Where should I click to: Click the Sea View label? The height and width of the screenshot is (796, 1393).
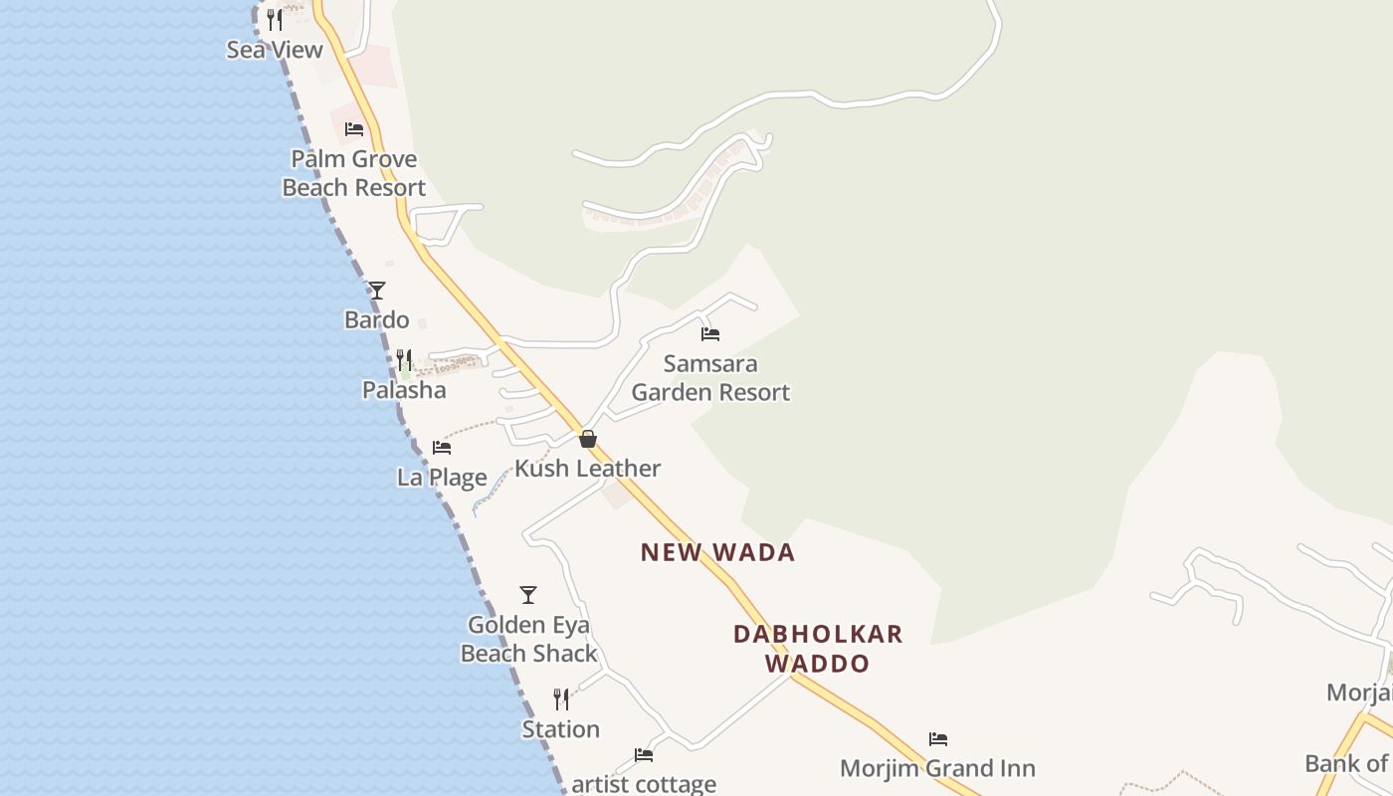coord(275,50)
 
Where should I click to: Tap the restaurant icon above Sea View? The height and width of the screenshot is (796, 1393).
coord(275,19)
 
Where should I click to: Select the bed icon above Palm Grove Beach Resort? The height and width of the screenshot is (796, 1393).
coord(354,128)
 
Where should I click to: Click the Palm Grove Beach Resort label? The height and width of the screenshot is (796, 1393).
coord(354,173)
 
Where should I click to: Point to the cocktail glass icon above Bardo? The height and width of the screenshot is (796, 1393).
coord(377,291)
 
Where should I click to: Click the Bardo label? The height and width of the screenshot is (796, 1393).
coord(377,319)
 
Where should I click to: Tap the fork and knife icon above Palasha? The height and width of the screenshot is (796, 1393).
coord(404,359)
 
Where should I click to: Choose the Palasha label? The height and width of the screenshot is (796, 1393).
coord(404,389)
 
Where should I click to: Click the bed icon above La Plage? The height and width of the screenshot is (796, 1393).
coord(442,448)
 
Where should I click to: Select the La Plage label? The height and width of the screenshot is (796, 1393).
coord(442,478)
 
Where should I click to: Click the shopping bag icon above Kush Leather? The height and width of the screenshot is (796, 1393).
coord(588,439)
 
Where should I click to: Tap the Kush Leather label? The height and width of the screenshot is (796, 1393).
coord(588,469)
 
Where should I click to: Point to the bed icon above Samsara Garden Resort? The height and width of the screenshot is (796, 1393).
coord(710,334)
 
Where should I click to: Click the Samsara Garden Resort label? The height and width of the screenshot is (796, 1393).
coord(710,378)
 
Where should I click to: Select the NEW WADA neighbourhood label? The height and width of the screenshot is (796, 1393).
coord(717,552)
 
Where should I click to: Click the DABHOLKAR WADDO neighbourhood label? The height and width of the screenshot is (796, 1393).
coord(818,649)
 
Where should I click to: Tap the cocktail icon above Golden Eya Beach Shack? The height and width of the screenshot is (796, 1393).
coord(528,595)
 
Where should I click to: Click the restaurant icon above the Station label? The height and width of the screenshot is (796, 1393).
coord(561,699)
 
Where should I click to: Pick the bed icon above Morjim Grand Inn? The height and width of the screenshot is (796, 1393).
coord(938,739)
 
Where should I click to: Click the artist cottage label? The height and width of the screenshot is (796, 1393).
coord(644,784)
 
